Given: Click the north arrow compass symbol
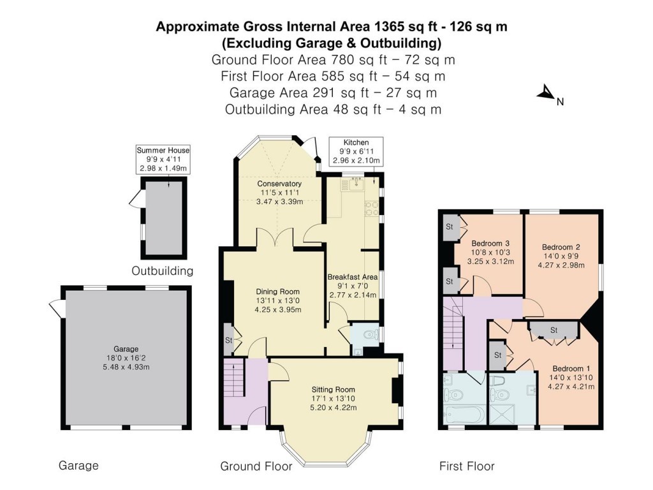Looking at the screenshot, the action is [546, 93].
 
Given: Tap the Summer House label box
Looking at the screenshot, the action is [163, 159].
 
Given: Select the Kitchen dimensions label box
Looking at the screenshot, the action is [356, 151].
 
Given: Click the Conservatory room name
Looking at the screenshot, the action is [279, 184].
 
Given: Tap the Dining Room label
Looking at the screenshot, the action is [278, 292].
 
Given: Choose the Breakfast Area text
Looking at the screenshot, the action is [353, 277].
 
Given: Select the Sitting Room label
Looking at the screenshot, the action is [333, 390].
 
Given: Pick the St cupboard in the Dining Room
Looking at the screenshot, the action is [229, 340].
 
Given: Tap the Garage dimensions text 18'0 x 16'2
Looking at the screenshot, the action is [126, 358].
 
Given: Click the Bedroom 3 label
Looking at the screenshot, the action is [490, 243].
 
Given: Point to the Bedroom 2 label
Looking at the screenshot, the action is [561, 247].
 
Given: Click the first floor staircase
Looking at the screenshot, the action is [453, 334].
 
